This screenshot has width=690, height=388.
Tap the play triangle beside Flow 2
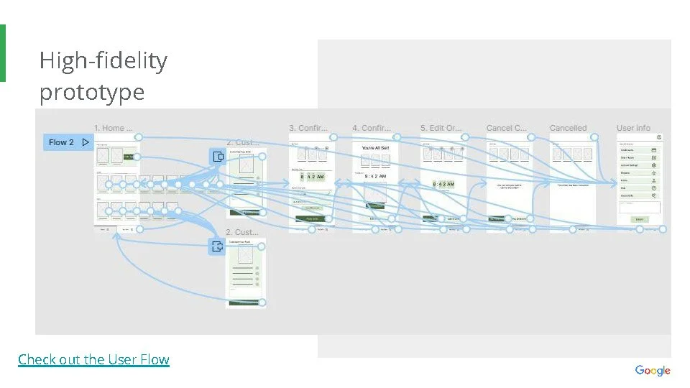pyautogui.click(x=86, y=142)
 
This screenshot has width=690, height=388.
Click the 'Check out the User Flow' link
pyautogui.click(x=93, y=359)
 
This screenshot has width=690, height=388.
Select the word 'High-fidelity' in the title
pyautogui.click(x=103, y=60)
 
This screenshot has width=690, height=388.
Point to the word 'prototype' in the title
pyautogui.click(x=91, y=92)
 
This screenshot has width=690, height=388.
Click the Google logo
pyautogui.click(x=652, y=371)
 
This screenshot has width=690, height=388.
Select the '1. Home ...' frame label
pyautogui.click(x=114, y=128)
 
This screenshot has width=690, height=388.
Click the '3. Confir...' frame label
pyautogui.click(x=308, y=128)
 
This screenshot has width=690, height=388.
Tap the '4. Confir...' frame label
pyautogui.click(x=371, y=128)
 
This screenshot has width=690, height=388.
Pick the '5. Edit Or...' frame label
pyautogui.click(x=441, y=128)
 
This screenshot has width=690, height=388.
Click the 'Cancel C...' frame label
pyautogui.click(x=506, y=128)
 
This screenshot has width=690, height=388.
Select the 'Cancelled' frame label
pyautogui.click(x=568, y=128)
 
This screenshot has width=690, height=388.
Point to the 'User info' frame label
pyautogui.click(x=633, y=128)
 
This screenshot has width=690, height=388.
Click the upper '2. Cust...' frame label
pyautogui.click(x=242, y=142)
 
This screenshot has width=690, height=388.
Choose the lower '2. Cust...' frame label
pyautogui.click(x=242, y=232)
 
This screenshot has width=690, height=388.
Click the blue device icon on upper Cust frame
pyautogui.click(x=217, y=157)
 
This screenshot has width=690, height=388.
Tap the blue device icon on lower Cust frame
pyautogui.click(x=217, y=247)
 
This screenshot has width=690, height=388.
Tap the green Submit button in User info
pyautogui.click(x=639, y=219)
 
